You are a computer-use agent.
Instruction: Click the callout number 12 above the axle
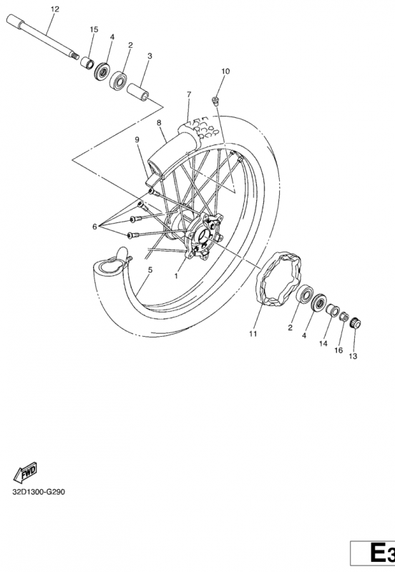[55, 9]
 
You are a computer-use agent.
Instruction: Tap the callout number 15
[94, 29]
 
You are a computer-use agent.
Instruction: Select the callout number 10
[225, 71]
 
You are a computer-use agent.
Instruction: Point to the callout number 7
[189, 94]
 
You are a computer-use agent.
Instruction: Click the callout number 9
[137, 139]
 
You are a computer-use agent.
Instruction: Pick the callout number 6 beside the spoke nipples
[94, 227]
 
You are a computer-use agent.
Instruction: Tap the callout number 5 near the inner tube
[150, 270]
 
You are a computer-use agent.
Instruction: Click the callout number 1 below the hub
[176, 276]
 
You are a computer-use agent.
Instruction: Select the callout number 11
[253, 334]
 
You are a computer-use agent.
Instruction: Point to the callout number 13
[353, 356]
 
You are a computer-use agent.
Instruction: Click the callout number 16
[338, 350]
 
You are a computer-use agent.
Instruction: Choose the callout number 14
[323, 343]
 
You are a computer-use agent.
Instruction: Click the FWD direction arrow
[25, 472]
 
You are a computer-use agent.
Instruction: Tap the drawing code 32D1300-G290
[39, 492]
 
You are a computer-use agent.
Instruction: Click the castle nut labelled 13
[355, 323]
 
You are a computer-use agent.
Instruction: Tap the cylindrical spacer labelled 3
[138, 92]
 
